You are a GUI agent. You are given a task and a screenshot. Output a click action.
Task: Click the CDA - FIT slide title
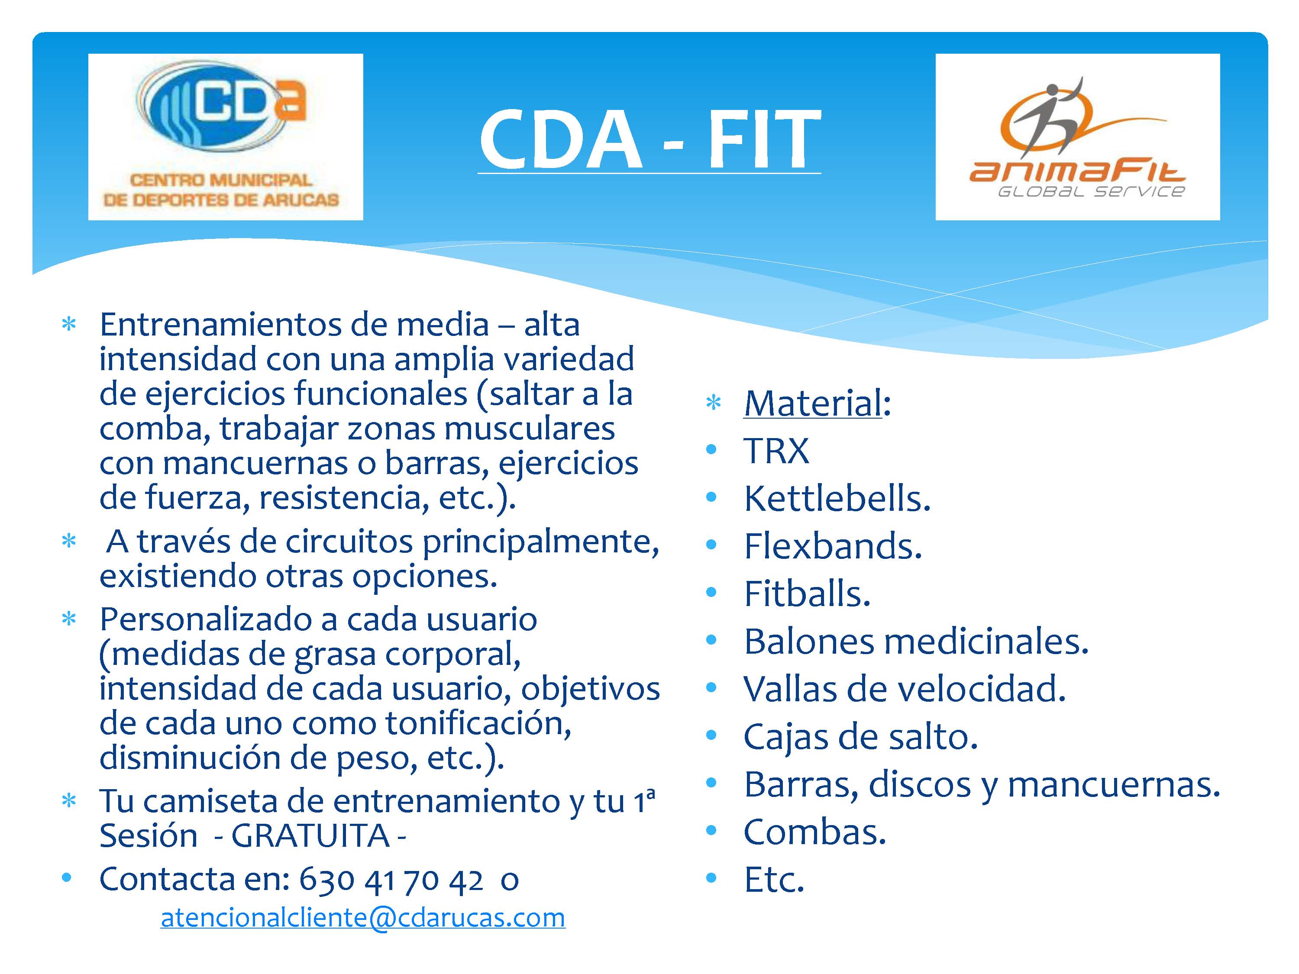(x=649, y=140)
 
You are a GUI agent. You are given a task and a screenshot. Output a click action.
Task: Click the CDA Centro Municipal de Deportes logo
(x=226, y=137)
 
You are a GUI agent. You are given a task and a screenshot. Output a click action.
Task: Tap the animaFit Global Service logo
(x=1078, y=137)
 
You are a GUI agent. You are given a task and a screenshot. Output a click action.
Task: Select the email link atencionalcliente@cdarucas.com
(x=363, y=918)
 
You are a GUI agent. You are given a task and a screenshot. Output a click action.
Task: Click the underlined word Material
(x=813, y=403)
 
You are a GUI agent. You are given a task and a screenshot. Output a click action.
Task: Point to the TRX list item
(x=776, y=451)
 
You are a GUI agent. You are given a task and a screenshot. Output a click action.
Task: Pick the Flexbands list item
(x=833, y=546)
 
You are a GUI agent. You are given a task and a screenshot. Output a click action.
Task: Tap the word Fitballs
(x=807, y=593)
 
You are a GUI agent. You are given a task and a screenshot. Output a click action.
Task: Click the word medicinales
(x=986, y=641)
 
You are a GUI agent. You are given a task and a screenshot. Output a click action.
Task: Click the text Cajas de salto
(x=860, y=737)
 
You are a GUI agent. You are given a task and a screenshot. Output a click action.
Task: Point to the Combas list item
(x=814, y=832)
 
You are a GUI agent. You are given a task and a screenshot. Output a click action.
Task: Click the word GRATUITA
(x=310, y=835)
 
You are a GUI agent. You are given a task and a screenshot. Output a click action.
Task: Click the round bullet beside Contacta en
(x=67, y=878)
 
